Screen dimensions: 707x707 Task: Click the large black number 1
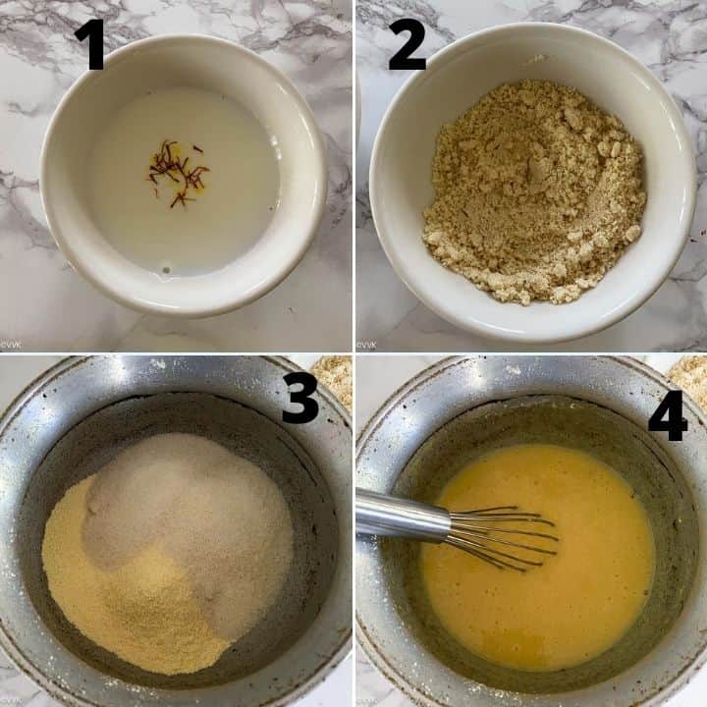pyautogui.click(x=91, y=44)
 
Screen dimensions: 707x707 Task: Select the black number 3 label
pyautogui.click(x=299, y=398)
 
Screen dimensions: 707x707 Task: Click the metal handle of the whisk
pyautogui.click(x=402, y=516)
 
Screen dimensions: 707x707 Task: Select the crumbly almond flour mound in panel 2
pyautogui.click(x=535, y=190)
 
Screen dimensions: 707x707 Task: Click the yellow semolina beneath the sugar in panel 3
pyautogui.click(x=131, y=600)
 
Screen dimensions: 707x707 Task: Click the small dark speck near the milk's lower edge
pyautogui.click(x=166, y=270)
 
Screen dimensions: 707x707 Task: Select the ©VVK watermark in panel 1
pyautogui.click(x=9, y=346)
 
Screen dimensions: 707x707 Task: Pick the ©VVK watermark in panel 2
pyautogui.click(x=365, y=346)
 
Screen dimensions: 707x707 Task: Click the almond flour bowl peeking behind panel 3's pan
pyautogui.click(x=335, y=379)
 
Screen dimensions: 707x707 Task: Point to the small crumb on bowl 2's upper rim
pyautogui.click(x=538, y=59)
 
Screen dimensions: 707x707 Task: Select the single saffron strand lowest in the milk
pyautogui.click(x=179, y=199)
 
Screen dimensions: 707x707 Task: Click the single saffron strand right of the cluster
pyautogui.click(x=197, y=148)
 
